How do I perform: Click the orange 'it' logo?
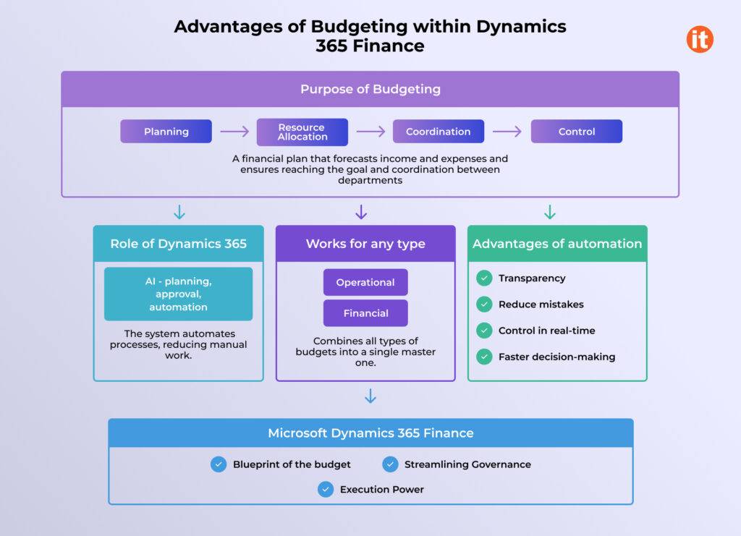[x=700, y=39]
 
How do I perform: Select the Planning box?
[x=166, y=132]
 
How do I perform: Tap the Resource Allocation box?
[x=302, y=132]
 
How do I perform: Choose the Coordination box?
[x=439, y=132]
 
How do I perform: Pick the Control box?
[x=577, y=132]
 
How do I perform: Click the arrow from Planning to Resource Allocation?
[x=234, y=132]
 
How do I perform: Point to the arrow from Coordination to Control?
[x=507, y=132]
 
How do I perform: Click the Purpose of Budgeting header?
[x=370, y=90]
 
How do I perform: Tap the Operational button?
[x=365, y=282]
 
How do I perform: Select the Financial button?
[x=365, y=313]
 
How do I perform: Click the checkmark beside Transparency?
[x=484, y=278]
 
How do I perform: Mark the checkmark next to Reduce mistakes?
[x=484, y=305]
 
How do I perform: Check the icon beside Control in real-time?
[x=484, y=331]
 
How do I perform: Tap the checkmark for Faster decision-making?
[x=484, y=357]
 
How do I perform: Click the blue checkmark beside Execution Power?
[x=326, y=490]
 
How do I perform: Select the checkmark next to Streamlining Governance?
[x=390, y=464]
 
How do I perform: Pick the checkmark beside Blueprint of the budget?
[x=219, y=464]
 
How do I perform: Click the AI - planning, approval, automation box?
[x=178, y=294]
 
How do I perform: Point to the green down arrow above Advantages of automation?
[x=550, y=212]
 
